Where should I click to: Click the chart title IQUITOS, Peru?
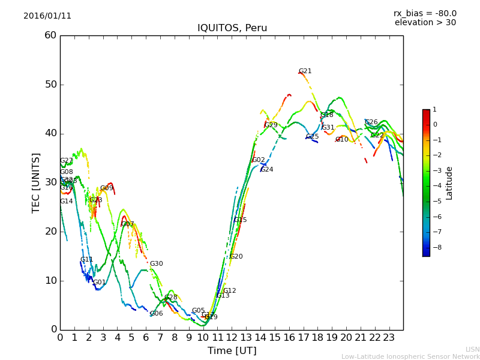point(232,28)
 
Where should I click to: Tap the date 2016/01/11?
point(47,16)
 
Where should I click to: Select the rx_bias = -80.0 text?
point(425,13)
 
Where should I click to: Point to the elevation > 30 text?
point(425,23)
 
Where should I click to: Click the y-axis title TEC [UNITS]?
point(37,182)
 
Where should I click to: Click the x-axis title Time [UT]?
point(232,350)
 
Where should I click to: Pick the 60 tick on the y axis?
point(50,35)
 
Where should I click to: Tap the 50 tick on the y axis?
point(50,85)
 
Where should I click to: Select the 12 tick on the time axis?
point(232,337)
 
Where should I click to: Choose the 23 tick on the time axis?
point(389,337)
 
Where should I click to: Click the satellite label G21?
point(305,71)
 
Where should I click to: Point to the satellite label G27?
point(67,161)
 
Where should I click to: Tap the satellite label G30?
point(157,264)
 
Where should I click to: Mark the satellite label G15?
point(241,220)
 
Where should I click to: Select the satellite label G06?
point(157,314)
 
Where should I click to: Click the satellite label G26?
point(371,122)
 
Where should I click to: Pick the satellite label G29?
point(271,125)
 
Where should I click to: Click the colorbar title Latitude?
point(449,183)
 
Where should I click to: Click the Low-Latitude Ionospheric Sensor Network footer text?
point(410,356)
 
